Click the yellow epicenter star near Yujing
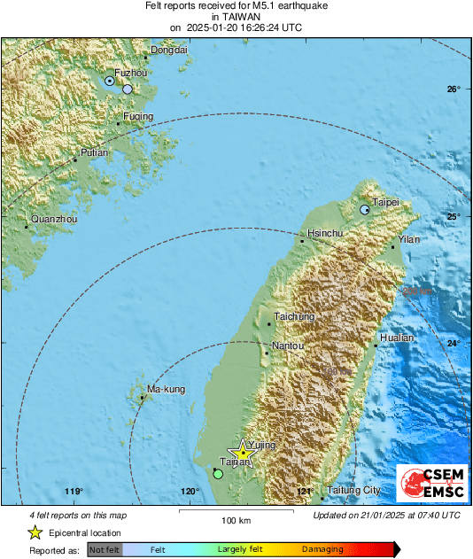(x=242, y=454)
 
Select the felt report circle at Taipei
(x=365, y=210)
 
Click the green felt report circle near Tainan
(x=218, y=474)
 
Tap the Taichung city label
(x=294, y=316)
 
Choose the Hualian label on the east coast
(x=396, y=338)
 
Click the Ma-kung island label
(x=166, y=390)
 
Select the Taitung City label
(x=353, y=490)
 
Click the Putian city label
(x=94, y=153)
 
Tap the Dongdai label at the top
(x=169, y=50)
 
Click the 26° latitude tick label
(x=454, y=89)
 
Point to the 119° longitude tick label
(x=74, y=492)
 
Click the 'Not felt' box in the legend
(x=105, y=550)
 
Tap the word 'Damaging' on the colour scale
(x=322, y=550)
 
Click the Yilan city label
(x=409, y=239)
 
